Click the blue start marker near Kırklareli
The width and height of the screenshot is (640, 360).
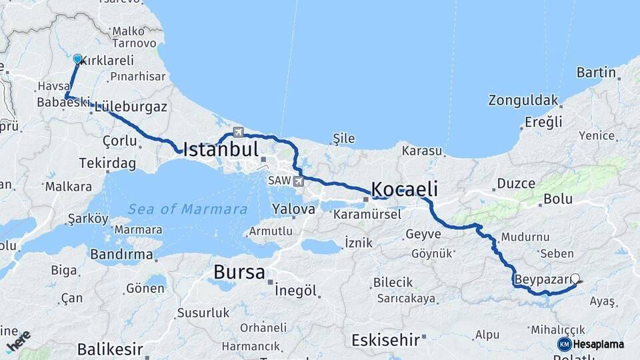click(x=77, y=59)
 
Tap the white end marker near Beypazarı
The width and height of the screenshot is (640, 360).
click(x=575, y=280)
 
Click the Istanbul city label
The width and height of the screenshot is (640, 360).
click(x=220, y=148)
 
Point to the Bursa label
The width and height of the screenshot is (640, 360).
click(x=239, y=272)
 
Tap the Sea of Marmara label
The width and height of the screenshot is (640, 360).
click(x=188, y=209)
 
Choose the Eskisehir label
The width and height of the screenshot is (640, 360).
click(x=386, y=339)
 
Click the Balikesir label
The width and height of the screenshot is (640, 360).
click(x=110, y=349)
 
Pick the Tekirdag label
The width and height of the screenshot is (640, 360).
click(x=107, y=163)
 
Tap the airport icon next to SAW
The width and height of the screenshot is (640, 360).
click(x=297, y=181)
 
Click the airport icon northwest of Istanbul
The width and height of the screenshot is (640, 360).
click(x=238, y=131)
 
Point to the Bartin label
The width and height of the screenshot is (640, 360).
click(x=596, y=72)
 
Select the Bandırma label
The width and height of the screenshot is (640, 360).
click(x=121, y=255)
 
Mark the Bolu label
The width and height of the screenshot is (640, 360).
click(x=558, y=199)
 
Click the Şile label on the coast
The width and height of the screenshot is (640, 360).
click(x=343, y=138)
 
